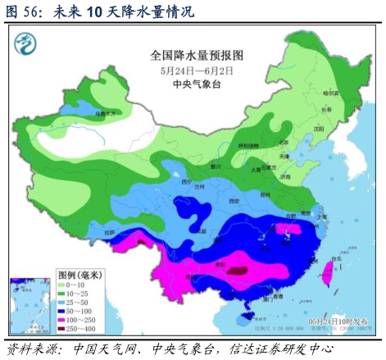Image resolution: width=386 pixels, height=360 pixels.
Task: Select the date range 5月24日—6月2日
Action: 198,71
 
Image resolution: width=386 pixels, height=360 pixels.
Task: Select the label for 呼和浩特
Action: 246,145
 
